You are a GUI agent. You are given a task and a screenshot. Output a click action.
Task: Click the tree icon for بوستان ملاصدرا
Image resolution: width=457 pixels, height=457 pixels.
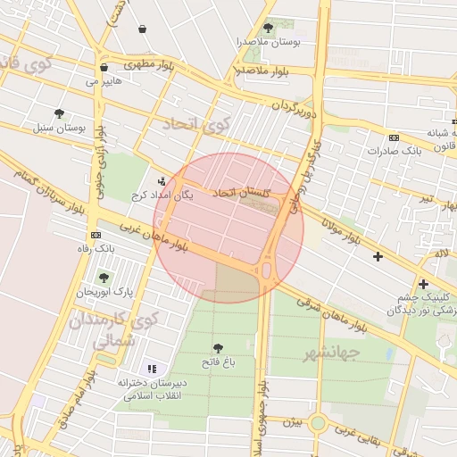tap(268, 29)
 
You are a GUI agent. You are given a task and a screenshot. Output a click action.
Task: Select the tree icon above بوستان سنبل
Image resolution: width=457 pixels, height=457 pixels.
tap(59, 113)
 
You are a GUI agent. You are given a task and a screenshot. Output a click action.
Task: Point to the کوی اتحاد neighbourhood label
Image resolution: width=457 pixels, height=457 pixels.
tap(195, 124)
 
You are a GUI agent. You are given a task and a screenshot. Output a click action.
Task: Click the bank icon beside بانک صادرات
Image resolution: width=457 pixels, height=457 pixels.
tap(394, 137)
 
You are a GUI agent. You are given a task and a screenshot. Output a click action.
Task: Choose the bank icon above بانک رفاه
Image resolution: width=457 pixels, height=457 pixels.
tap(95, 234)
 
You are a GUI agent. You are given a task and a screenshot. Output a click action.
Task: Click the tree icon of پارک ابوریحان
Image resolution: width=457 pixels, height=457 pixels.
tap(104, 278)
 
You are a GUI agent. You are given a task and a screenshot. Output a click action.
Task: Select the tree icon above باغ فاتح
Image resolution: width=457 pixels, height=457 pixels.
tap(218, 348)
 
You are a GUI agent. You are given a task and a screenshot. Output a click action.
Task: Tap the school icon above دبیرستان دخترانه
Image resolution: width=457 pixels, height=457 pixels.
tap(152, 369)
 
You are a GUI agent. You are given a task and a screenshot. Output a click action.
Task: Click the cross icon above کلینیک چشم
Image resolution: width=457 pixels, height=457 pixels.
tap(423, 285)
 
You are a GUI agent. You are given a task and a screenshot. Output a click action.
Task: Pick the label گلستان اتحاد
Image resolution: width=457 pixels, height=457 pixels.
tap(236, 193)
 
